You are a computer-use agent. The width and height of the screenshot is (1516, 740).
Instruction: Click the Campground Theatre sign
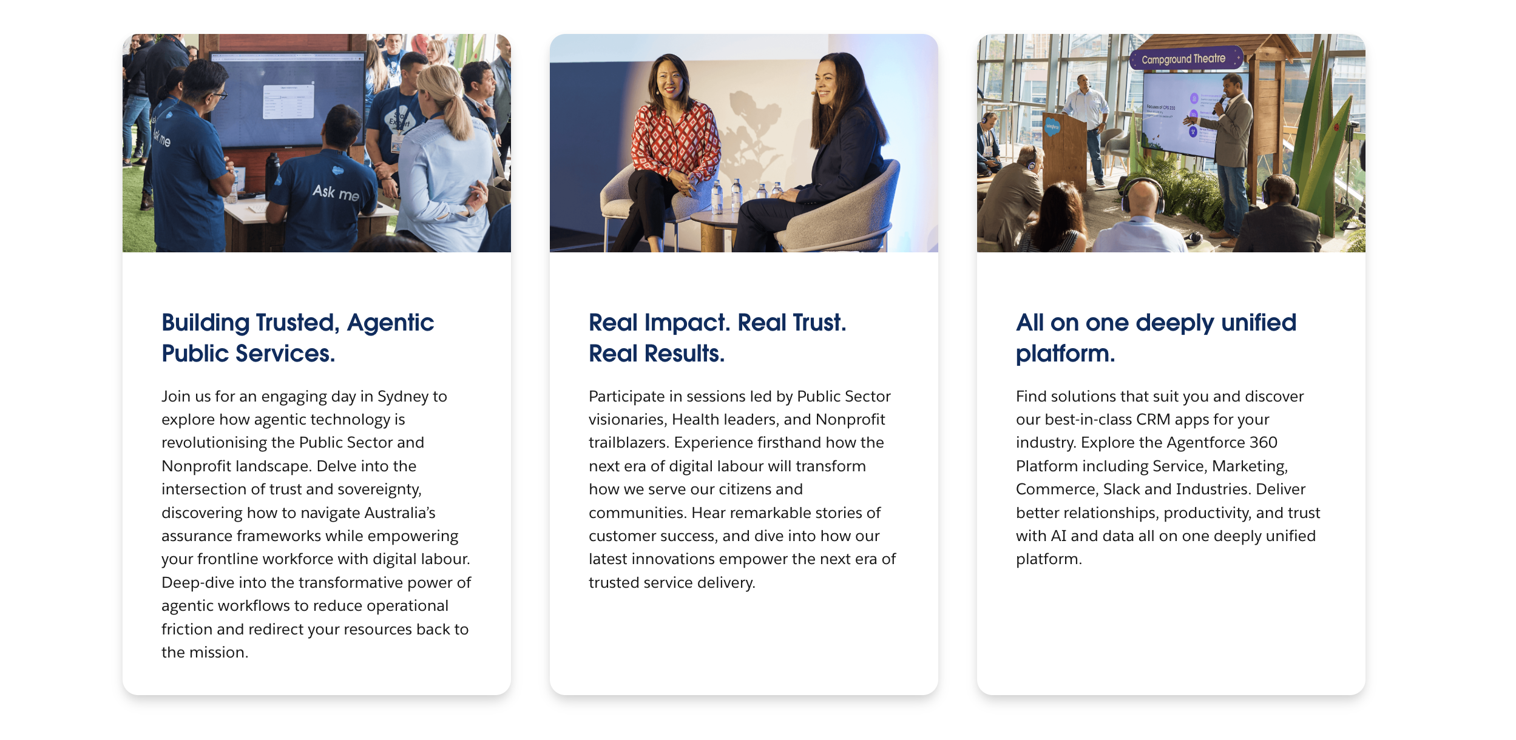point(1185,59)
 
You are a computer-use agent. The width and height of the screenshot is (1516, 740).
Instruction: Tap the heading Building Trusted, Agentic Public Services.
point(297,338)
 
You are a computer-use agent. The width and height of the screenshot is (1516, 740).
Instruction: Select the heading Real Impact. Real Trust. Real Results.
point(717,338)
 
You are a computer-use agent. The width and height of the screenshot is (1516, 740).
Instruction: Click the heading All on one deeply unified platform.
point(1156,338)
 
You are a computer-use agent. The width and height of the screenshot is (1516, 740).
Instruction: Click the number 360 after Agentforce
point(1264,442)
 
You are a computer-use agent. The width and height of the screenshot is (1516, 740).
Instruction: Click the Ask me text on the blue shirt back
point(336,193)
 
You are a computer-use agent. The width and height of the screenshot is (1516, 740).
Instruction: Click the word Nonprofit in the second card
point(850,419)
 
